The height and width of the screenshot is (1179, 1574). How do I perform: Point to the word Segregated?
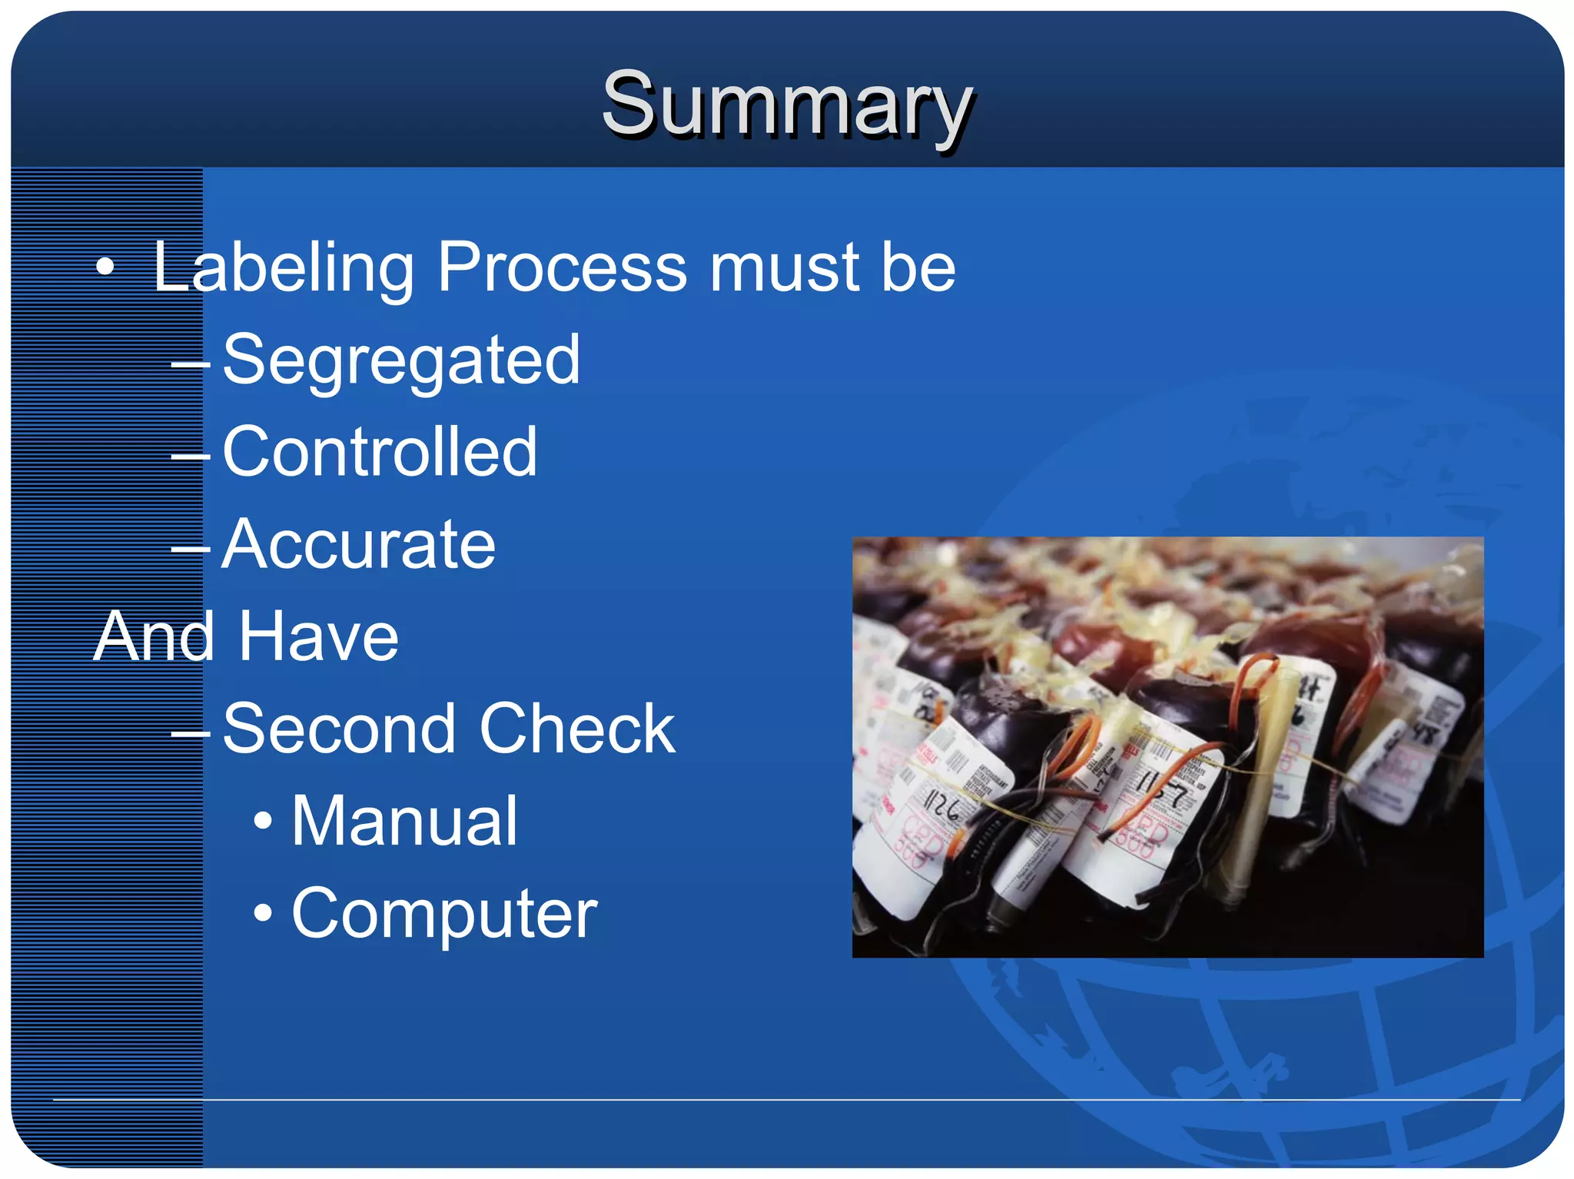pos(401,361)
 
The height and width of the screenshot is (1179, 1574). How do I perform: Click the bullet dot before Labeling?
pos(105,268)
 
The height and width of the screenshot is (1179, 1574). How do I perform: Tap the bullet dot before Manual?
pos(263,821)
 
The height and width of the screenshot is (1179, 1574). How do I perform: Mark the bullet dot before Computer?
pos(263,913)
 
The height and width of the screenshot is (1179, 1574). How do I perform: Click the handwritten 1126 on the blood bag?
pos(941,808)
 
